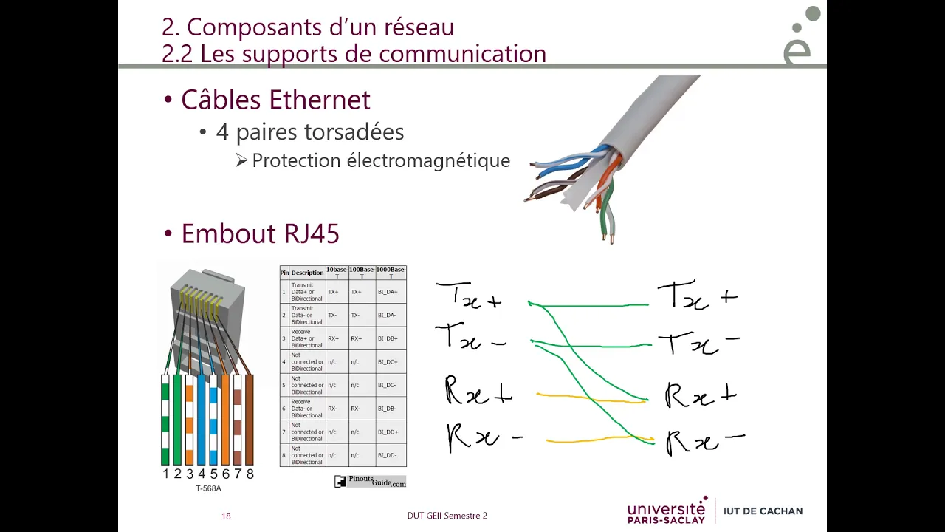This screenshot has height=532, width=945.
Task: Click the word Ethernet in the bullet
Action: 319,100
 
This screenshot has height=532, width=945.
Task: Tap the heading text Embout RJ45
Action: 260,233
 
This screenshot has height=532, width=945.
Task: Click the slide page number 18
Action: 226,516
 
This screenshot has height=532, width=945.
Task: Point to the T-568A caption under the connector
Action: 208,488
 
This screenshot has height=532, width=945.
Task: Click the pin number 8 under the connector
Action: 250,474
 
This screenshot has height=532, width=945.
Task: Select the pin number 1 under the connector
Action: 165,474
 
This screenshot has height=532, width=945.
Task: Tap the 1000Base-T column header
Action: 391,273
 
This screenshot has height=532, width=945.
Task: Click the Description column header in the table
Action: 307,273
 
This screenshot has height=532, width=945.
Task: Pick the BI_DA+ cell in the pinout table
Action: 388,292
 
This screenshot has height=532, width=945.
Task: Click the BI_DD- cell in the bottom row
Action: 388,455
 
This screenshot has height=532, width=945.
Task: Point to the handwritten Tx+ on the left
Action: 470,296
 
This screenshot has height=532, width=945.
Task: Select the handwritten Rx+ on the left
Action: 478,392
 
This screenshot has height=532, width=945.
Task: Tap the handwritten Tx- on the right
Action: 698,342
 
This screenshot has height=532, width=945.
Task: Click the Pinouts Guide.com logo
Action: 371,481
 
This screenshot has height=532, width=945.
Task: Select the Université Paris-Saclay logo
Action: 667,511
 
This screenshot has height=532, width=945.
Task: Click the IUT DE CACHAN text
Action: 763,511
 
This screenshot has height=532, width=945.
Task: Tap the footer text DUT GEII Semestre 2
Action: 447,516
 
